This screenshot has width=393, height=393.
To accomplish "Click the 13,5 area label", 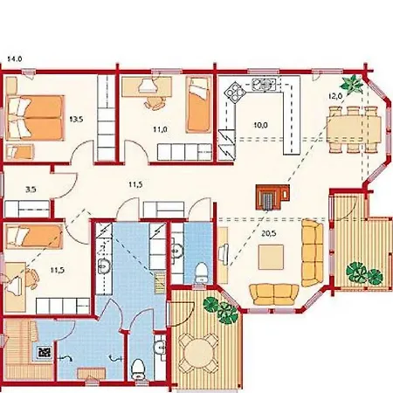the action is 77,119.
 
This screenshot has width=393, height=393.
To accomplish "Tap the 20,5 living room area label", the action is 268,233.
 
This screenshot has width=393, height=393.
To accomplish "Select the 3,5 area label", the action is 31,190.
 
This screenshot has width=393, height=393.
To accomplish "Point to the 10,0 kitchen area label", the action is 260,125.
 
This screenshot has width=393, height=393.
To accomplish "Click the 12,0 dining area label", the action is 335,96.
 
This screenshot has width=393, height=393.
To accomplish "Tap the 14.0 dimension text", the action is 14,59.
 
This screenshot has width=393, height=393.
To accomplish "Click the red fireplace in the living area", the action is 272,197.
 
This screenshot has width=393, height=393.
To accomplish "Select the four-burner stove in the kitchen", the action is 235,92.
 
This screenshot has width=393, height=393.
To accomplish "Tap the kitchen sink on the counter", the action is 264,84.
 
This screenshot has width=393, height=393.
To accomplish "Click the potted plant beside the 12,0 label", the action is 353,83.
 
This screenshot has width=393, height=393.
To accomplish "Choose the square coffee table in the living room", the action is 271,257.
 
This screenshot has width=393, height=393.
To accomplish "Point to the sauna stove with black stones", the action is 45,352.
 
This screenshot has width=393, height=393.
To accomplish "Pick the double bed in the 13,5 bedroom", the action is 34,118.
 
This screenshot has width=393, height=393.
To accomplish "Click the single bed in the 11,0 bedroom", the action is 198,104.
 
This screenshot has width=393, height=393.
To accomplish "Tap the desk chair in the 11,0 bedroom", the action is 155,102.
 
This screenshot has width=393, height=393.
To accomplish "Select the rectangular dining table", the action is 354,129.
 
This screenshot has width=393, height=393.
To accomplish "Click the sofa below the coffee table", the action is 274,294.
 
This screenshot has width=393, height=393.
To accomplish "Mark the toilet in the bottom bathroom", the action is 138,369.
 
